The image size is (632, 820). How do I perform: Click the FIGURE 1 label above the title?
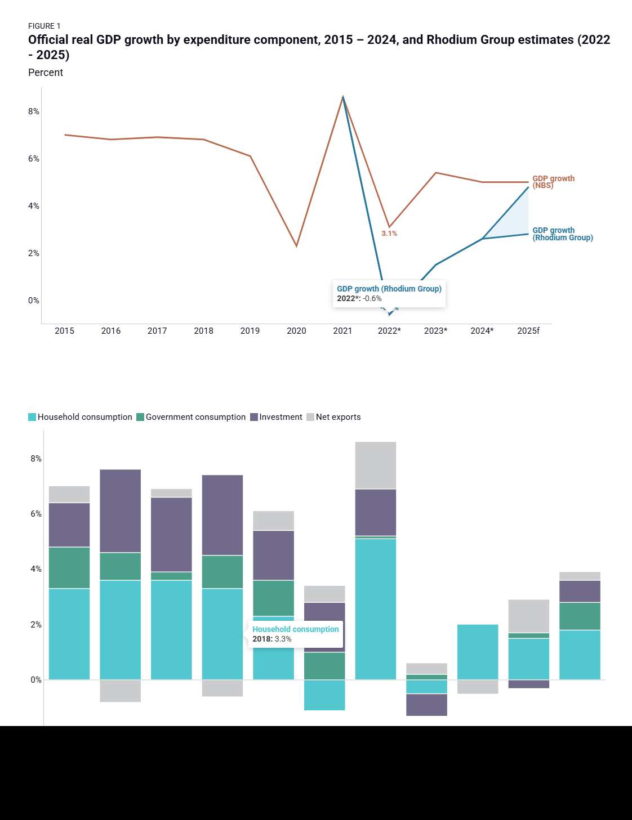click(44, 26)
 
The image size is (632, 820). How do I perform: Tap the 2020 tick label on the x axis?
click(296, 331)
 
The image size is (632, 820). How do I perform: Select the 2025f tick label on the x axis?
click(528, 331)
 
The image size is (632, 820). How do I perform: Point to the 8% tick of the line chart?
click(34, 111)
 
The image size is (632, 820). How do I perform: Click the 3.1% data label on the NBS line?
click(389, 234)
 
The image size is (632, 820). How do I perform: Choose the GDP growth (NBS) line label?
click(553, 182)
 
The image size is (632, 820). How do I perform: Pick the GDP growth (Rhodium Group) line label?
click(562, 234)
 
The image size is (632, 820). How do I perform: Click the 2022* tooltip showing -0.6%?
click(389, 294)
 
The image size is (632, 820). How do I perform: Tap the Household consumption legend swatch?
click(32, 417)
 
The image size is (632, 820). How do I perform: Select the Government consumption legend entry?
click(191, 417)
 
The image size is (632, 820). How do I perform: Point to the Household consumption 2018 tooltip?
click(295, 634)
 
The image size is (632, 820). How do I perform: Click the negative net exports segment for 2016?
click(121, 691)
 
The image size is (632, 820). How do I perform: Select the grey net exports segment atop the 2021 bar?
click(376, 465)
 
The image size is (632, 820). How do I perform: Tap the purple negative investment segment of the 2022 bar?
click(426, 705)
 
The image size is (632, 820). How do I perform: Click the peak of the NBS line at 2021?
click(343, 97)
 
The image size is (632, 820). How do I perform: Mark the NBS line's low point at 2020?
click(296, 246)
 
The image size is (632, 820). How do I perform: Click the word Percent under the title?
click(46, 73)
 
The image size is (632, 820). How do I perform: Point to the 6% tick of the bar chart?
click(36, 514)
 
